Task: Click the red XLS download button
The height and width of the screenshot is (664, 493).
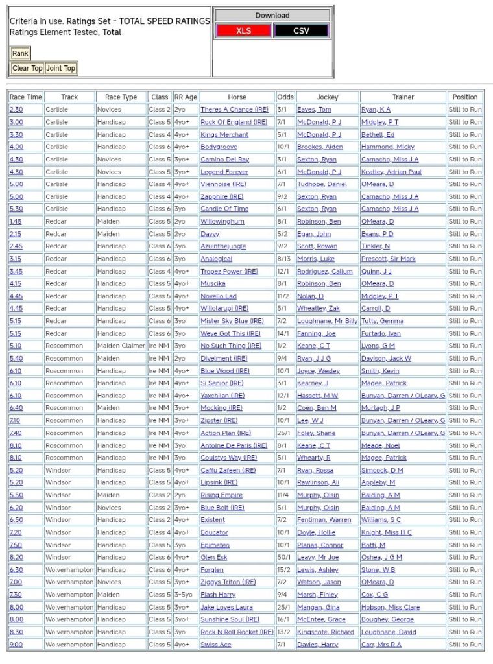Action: pyautogui.click(x=243, y=30)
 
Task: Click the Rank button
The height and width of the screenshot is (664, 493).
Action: pyautogui.click(x=20, y=54)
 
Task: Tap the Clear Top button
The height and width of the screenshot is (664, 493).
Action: pyautogui.click(x=27, y=68)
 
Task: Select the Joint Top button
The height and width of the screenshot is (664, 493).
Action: pyautogui.click(x=60, y=68)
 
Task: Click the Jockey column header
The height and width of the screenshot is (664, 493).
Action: pyautogui.click(x=327, y=97)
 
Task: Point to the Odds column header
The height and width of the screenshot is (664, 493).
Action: pyautogui.click(x=285, y=97)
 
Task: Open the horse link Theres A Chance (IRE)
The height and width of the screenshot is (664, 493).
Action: pyautogui.click(x=234, y=110)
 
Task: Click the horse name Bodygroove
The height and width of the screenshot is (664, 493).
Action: pyautogui.click(x=219, y=147)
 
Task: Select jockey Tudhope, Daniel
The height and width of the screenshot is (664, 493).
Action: pyautogui.click(x=322, y=184)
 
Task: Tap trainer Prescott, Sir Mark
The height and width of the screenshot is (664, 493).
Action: pyautogui.click(x=388, y=259)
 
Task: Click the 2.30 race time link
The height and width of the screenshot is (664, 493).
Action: pyautogui.click(x=16, y=110)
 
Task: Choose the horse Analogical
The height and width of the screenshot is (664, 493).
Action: pyautogui.click(x=216, y=259)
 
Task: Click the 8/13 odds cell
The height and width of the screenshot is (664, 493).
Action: pyautogui.click(x=284, y=259)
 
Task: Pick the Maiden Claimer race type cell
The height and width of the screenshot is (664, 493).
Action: pyautogui.click(x=121, y=346)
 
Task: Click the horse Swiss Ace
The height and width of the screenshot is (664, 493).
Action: pyautogui.click(x=215, y=645)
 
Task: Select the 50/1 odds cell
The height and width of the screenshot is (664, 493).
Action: pyautogui.click(x=284, y=557)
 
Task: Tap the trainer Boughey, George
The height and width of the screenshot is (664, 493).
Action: pyautogui.click(x=387, y=619)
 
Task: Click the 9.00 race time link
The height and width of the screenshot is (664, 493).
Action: pyautogui.click(x=16, y=645)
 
